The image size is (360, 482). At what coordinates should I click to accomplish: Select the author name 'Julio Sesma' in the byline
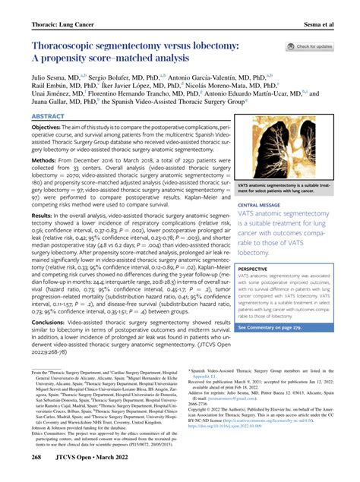50,77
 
